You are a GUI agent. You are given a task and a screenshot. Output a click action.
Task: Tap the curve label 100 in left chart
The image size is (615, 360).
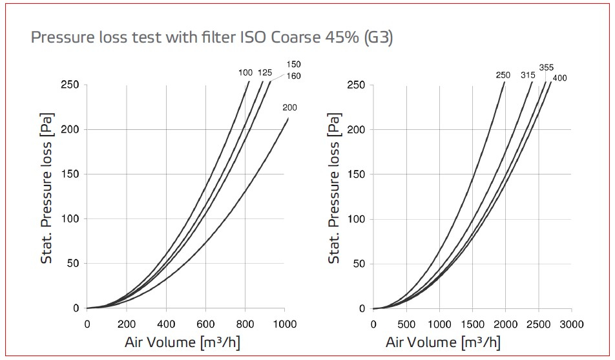click(245, 73)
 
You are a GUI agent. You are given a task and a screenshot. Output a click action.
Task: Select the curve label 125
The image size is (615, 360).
click(265, 73)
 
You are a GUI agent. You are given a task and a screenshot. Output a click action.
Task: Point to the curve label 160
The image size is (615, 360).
click(293, 76)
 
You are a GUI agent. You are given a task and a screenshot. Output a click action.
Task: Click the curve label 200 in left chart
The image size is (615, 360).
click(289, 108)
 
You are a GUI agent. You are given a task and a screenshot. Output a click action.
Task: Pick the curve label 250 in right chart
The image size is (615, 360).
click(503, 75)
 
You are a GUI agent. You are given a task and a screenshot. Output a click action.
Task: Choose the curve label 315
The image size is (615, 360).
click(528, 75)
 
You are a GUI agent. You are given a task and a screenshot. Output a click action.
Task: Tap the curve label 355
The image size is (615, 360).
click(547, 67)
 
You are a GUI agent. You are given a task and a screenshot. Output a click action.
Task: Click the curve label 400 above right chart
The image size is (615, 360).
click(560, 78)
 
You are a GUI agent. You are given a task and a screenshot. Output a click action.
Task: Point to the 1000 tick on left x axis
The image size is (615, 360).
click(285, 323)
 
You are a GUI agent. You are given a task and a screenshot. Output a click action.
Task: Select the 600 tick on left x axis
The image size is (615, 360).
click(205, 323)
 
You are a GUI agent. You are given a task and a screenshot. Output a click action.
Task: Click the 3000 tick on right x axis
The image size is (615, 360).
click(571, 323)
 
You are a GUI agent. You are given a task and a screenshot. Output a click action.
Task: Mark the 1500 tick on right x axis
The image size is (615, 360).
click(472, 323)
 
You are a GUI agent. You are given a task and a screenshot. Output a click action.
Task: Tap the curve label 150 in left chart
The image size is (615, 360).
click(293, 65)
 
